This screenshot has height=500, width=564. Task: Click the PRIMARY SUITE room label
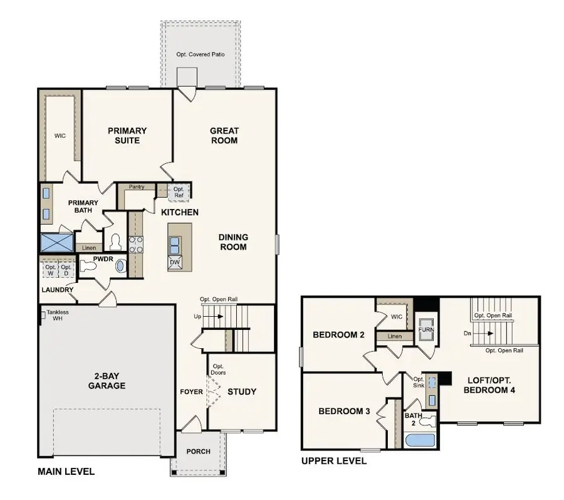(x=127, y=136)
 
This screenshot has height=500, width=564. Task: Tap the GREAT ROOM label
(x=224, y=136)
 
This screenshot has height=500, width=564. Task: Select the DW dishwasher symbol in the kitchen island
(x=175, y=262)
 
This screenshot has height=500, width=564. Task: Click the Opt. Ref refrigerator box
(x=179, y=191)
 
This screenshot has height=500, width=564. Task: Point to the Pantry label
(x=137, y=187)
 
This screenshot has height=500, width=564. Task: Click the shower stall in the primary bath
(x=56, y=242)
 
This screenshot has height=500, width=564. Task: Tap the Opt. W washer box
(x=50, y=270)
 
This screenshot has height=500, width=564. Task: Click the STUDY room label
(x=241, y=391)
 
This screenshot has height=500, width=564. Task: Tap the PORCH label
(x=198, y=452)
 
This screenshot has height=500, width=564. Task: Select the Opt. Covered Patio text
(x=201, y=55)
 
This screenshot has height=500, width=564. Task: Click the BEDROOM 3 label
(x=344, y=412)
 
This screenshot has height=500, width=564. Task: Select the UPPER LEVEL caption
(x=334, y=461)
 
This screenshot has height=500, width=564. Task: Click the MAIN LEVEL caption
(x=66, y=472)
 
